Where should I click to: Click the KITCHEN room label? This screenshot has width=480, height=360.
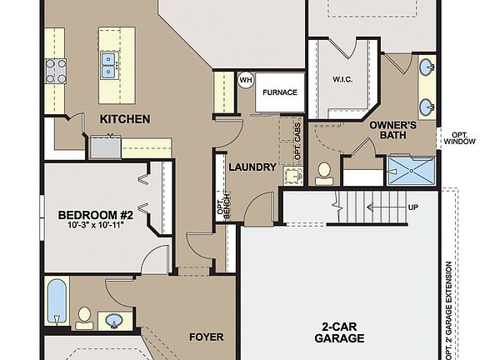pyautogui.click(x=125, y=119)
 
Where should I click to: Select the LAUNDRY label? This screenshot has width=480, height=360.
pyautogui.click(x=252, y=167)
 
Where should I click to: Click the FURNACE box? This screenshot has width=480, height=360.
pyautogui.click(x=280, y=92)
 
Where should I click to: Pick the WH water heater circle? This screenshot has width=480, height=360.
pyautogui.click(x=246, y=80)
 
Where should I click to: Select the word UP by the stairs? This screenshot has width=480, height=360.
pyautogui.click(x=413, y=207)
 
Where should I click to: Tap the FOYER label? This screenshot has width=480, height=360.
pyautogui.click(x=207, y=337)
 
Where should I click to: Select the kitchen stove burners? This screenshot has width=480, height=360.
pyautogui.click(x=56, y=71)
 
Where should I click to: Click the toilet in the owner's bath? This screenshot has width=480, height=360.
pyautogui.click(x=324, y=172)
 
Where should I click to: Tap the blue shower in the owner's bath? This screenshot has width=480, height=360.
pyautogui.click(x=412, y=171)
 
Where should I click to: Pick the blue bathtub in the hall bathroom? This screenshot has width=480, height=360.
pyautogui.click(x=57, y=302)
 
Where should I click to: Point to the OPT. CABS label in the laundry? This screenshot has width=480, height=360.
pyautogui.click(x=297, y=142)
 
